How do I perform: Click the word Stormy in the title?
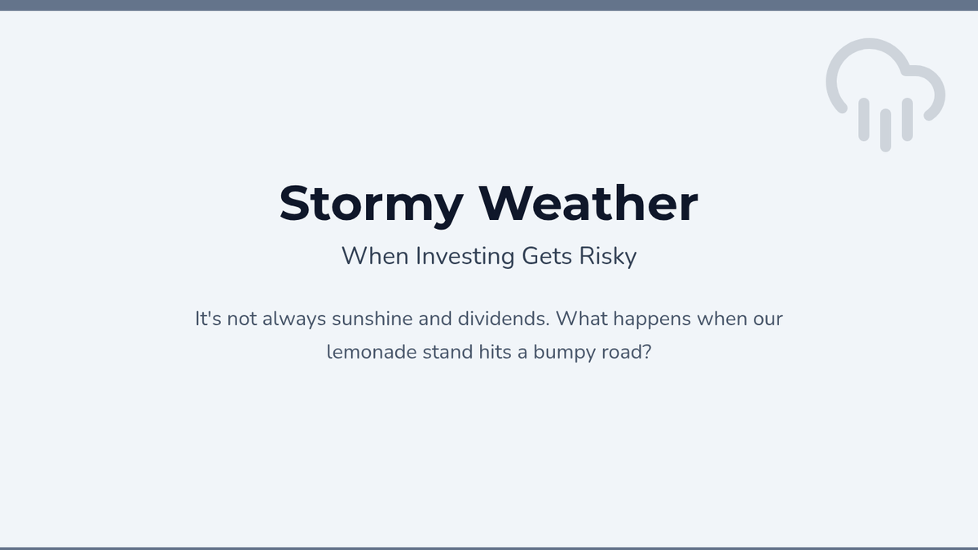click(371, 205)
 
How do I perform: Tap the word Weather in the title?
click(588, 203)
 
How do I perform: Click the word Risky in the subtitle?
click(608, 256)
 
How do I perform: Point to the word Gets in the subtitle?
click(547, 256)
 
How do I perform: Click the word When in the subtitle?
click(375, 256)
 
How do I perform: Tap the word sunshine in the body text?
click(372, 319)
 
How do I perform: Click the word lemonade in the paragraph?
click(372, 352)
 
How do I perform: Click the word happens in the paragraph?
click(652, 319)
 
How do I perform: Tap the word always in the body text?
click(294, 319)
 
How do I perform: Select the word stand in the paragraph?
click(447, 352)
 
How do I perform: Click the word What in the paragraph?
click(582, 319)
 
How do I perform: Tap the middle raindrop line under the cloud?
click(885, 130)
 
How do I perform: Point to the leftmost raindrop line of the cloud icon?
click(864, 120)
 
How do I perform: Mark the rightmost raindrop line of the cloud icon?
click(907, 120)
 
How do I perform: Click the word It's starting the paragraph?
click(208, 319)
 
